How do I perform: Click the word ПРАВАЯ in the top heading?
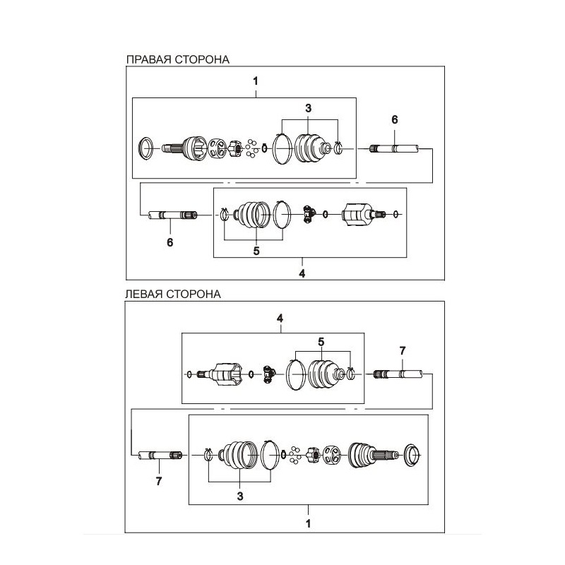[149, 59]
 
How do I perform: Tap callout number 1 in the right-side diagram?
[256, 81]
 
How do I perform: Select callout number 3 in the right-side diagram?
[308, 108]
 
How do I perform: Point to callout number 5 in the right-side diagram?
[256, 251]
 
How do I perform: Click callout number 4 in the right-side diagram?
[302, 273]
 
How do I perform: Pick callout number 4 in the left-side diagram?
[280, 319]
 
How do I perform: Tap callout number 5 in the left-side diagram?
[321, 342]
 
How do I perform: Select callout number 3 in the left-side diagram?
[240, 496]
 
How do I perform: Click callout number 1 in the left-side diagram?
[308, 523]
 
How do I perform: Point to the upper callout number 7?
[403, 350]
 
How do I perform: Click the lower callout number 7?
[159, 481]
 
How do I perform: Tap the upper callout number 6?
[395, 119]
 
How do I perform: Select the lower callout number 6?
[170, 242]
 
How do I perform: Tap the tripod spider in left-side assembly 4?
[268, 374]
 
